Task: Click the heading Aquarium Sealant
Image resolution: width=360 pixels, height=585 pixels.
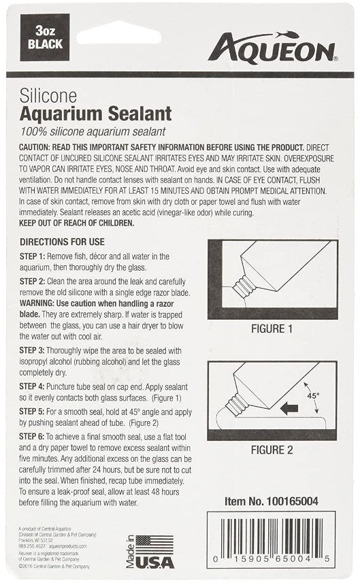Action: (x=95, y=112)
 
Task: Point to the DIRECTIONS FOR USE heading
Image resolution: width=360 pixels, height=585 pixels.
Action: (x=62, y=241)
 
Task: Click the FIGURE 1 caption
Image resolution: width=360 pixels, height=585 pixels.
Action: (x=272, y=329)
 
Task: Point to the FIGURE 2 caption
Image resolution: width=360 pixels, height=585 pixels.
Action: (x=272, y=450)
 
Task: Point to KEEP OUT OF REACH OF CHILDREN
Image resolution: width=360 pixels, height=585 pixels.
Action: (x=77, y=222)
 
